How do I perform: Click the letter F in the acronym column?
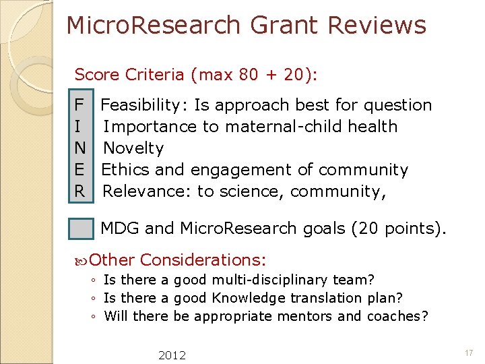tap(79, 105)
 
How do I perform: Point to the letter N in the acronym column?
tap(79, 148)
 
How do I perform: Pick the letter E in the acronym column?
tap(79, 170)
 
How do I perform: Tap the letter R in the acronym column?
tap(79, 191)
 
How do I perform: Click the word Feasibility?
tap(143, 105)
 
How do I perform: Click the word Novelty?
tap(133, 148)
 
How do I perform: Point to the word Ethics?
tap(123, 170)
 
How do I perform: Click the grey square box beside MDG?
tap(82, 229)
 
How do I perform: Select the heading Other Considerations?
tap(177, 260)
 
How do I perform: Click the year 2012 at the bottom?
tap(172, 355)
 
